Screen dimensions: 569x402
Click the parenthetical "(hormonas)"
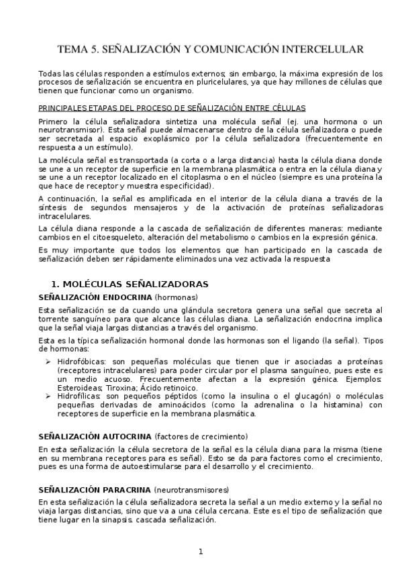(x=176, y=297)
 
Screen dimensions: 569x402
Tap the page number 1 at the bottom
(x=201, y=552)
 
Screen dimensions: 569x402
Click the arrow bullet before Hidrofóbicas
(x=49, y=361)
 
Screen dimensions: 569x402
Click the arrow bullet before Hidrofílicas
(x=49, y=396)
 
